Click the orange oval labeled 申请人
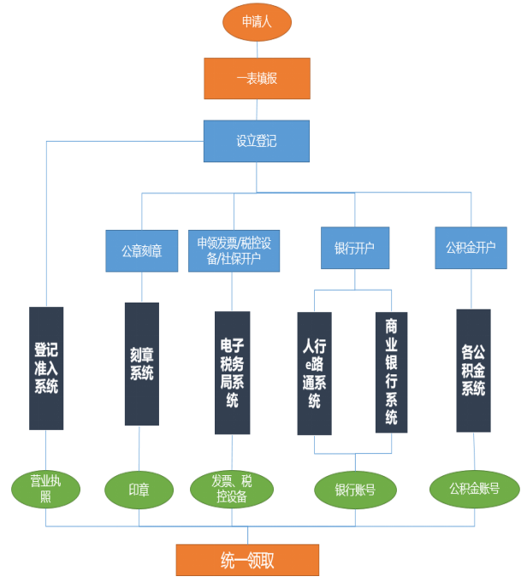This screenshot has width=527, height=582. [257, 22]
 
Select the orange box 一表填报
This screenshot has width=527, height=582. [257, 78]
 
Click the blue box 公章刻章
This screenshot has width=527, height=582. [141, 251]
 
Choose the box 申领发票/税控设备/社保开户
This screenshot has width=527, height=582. [234, 251]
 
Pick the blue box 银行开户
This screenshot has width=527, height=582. [354, 249]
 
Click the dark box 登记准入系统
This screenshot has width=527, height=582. [46, 367]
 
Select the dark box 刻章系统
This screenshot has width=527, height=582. [142, 363]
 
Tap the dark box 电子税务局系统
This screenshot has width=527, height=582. [232, 373]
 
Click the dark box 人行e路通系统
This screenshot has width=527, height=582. [314, 373]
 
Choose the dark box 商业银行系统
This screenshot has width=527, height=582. [392, 372]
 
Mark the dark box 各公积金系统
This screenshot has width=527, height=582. [473, 370]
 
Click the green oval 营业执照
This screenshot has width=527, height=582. [46, 488]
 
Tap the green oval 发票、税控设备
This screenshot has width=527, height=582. [232, 488]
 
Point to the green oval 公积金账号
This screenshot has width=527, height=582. [474, 489]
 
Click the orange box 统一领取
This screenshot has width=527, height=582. [247, 560]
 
